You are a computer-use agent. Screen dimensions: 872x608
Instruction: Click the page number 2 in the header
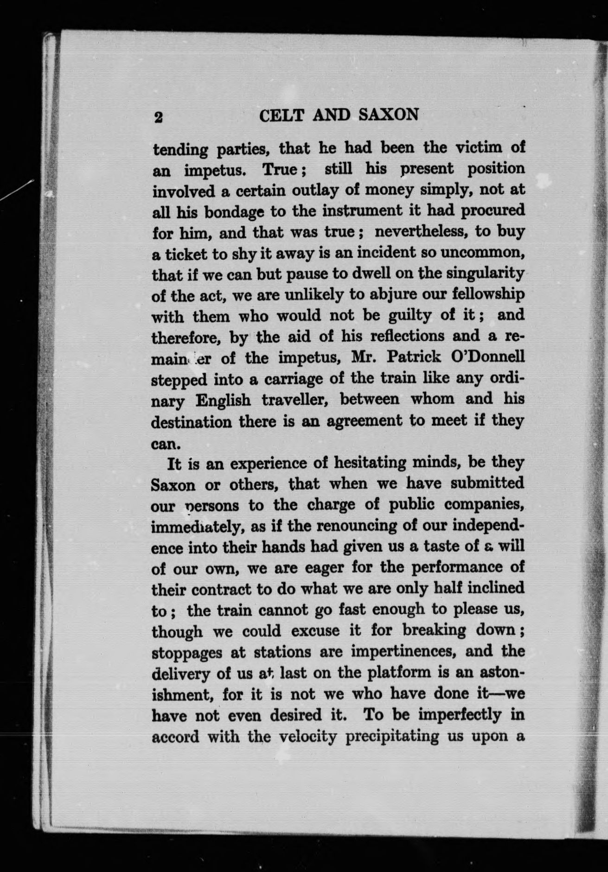(x=158, y=117)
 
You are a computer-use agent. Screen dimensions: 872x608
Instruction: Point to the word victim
(x=482, y=148)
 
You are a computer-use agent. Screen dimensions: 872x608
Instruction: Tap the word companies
(x=483, y=505)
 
